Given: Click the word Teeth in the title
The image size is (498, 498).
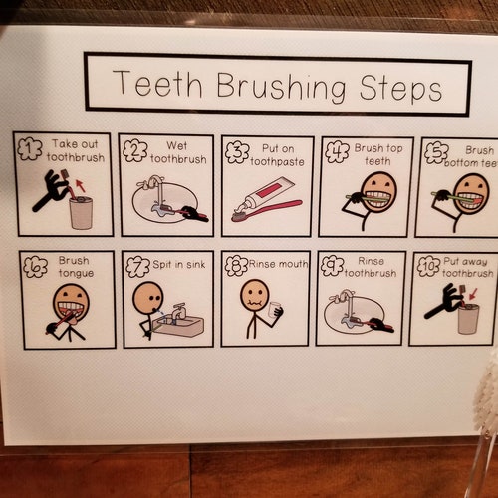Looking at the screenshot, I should (x=148, y=84).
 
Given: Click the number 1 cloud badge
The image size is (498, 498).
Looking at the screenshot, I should (x=31, y=149).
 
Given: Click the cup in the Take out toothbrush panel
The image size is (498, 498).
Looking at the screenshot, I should (x=81, y=212).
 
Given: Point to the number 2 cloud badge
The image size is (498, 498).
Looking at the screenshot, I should (x=134, y=151).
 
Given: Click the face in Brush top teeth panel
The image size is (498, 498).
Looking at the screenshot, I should (x=378, y=189).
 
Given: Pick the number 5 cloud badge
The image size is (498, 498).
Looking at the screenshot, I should (x=435, y=152).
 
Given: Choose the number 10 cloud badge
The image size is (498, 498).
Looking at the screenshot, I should (x=427, y=267).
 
